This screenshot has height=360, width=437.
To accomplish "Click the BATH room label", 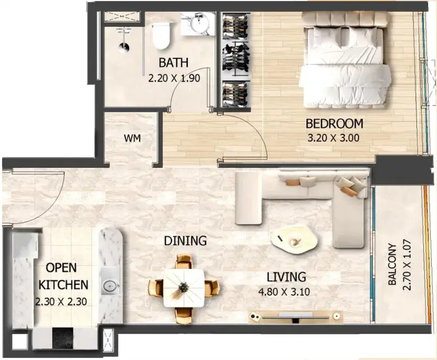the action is tap(173, 63).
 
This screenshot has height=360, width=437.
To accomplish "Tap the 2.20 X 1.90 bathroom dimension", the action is tap(174, 78).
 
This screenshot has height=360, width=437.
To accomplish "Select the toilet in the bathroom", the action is tap(161, 36).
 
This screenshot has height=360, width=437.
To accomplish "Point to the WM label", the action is tap(132, 138).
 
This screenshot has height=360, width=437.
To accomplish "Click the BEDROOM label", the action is tap(334, 123).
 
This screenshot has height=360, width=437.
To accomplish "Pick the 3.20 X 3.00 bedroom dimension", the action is tap(333, 138).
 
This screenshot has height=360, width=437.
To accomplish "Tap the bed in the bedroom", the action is tap(346, 60).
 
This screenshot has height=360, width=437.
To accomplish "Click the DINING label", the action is tap(185, 241).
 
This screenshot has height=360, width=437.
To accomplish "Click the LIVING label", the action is tap(286, 277).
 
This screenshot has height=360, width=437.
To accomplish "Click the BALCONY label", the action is tap(392, 264).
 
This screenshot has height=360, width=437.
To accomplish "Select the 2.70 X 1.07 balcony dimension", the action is tap(407, 266).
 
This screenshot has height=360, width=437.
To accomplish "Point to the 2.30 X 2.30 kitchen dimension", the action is tap(61, 302).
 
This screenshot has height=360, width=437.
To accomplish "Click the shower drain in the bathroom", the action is tap(124, 48).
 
